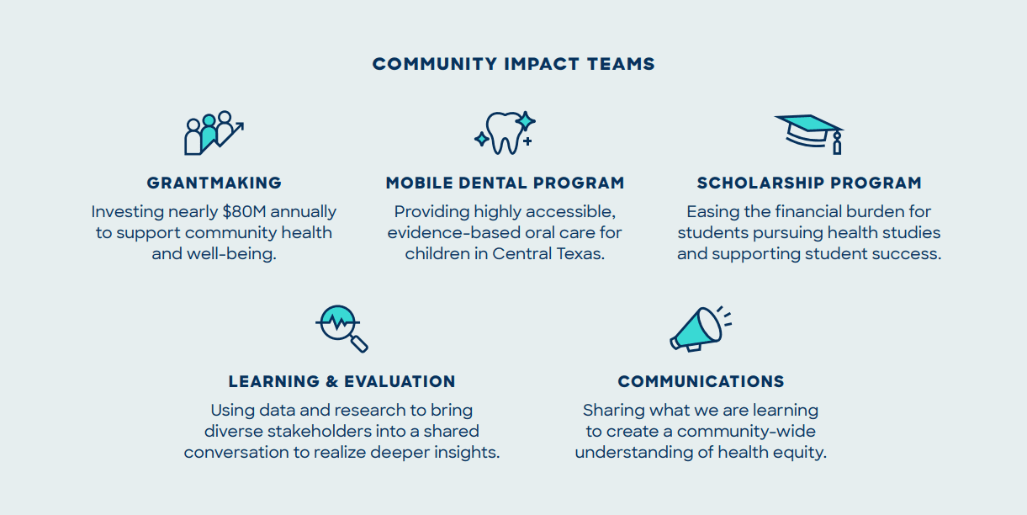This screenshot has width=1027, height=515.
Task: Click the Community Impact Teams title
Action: (x=513, y=64)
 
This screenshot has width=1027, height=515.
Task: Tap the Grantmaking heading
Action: (x=214, y=183)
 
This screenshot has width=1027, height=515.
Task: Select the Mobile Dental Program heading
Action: (x=505, y=183)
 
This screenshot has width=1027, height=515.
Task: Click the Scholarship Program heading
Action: (x=809, y=183)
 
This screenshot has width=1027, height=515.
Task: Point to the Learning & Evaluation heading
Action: (x=341, y=381)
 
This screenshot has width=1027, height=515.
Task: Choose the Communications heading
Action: (x=701, y=381)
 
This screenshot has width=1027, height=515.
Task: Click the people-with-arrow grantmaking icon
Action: (x=214, y=133)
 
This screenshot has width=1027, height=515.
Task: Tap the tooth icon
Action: (x=505, y=133)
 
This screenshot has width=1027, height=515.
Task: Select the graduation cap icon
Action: (x=809, y=135)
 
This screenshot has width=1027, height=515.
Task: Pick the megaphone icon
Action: (x=700, y=329)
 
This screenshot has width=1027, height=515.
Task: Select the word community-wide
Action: (x=746, y=432)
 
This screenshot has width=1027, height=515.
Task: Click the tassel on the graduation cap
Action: (x=837, y=143)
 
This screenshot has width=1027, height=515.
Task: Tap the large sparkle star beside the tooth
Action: (x=525, y=121)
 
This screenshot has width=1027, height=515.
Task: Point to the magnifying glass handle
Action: (x=359, y=344)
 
